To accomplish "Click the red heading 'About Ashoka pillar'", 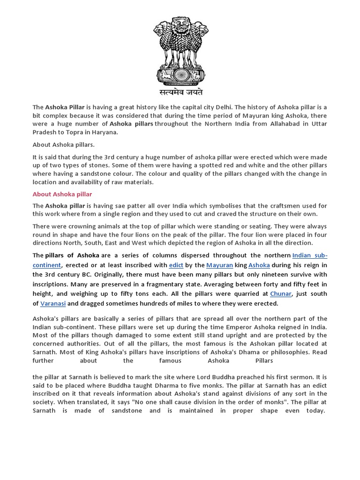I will click(62, 194).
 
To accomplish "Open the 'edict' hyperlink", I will click(176, 265).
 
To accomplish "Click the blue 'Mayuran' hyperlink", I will click(219, 265).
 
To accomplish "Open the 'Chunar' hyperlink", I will click(281, 293).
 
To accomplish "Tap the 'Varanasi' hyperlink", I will click(53, 303).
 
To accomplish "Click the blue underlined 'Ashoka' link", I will click(259, 265).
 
